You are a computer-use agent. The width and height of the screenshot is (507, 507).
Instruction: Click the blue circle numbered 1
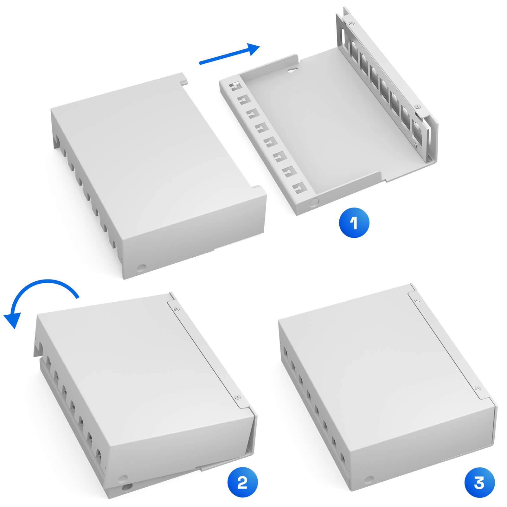coord(354,223)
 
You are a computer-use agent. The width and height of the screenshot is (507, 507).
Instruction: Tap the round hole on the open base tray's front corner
coord(315,202)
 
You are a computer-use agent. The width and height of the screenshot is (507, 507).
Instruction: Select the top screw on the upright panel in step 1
coord(350,23)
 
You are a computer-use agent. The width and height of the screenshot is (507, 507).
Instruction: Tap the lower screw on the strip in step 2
coord(236,397)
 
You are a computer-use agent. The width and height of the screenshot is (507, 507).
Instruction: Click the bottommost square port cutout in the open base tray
coord(298,189)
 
